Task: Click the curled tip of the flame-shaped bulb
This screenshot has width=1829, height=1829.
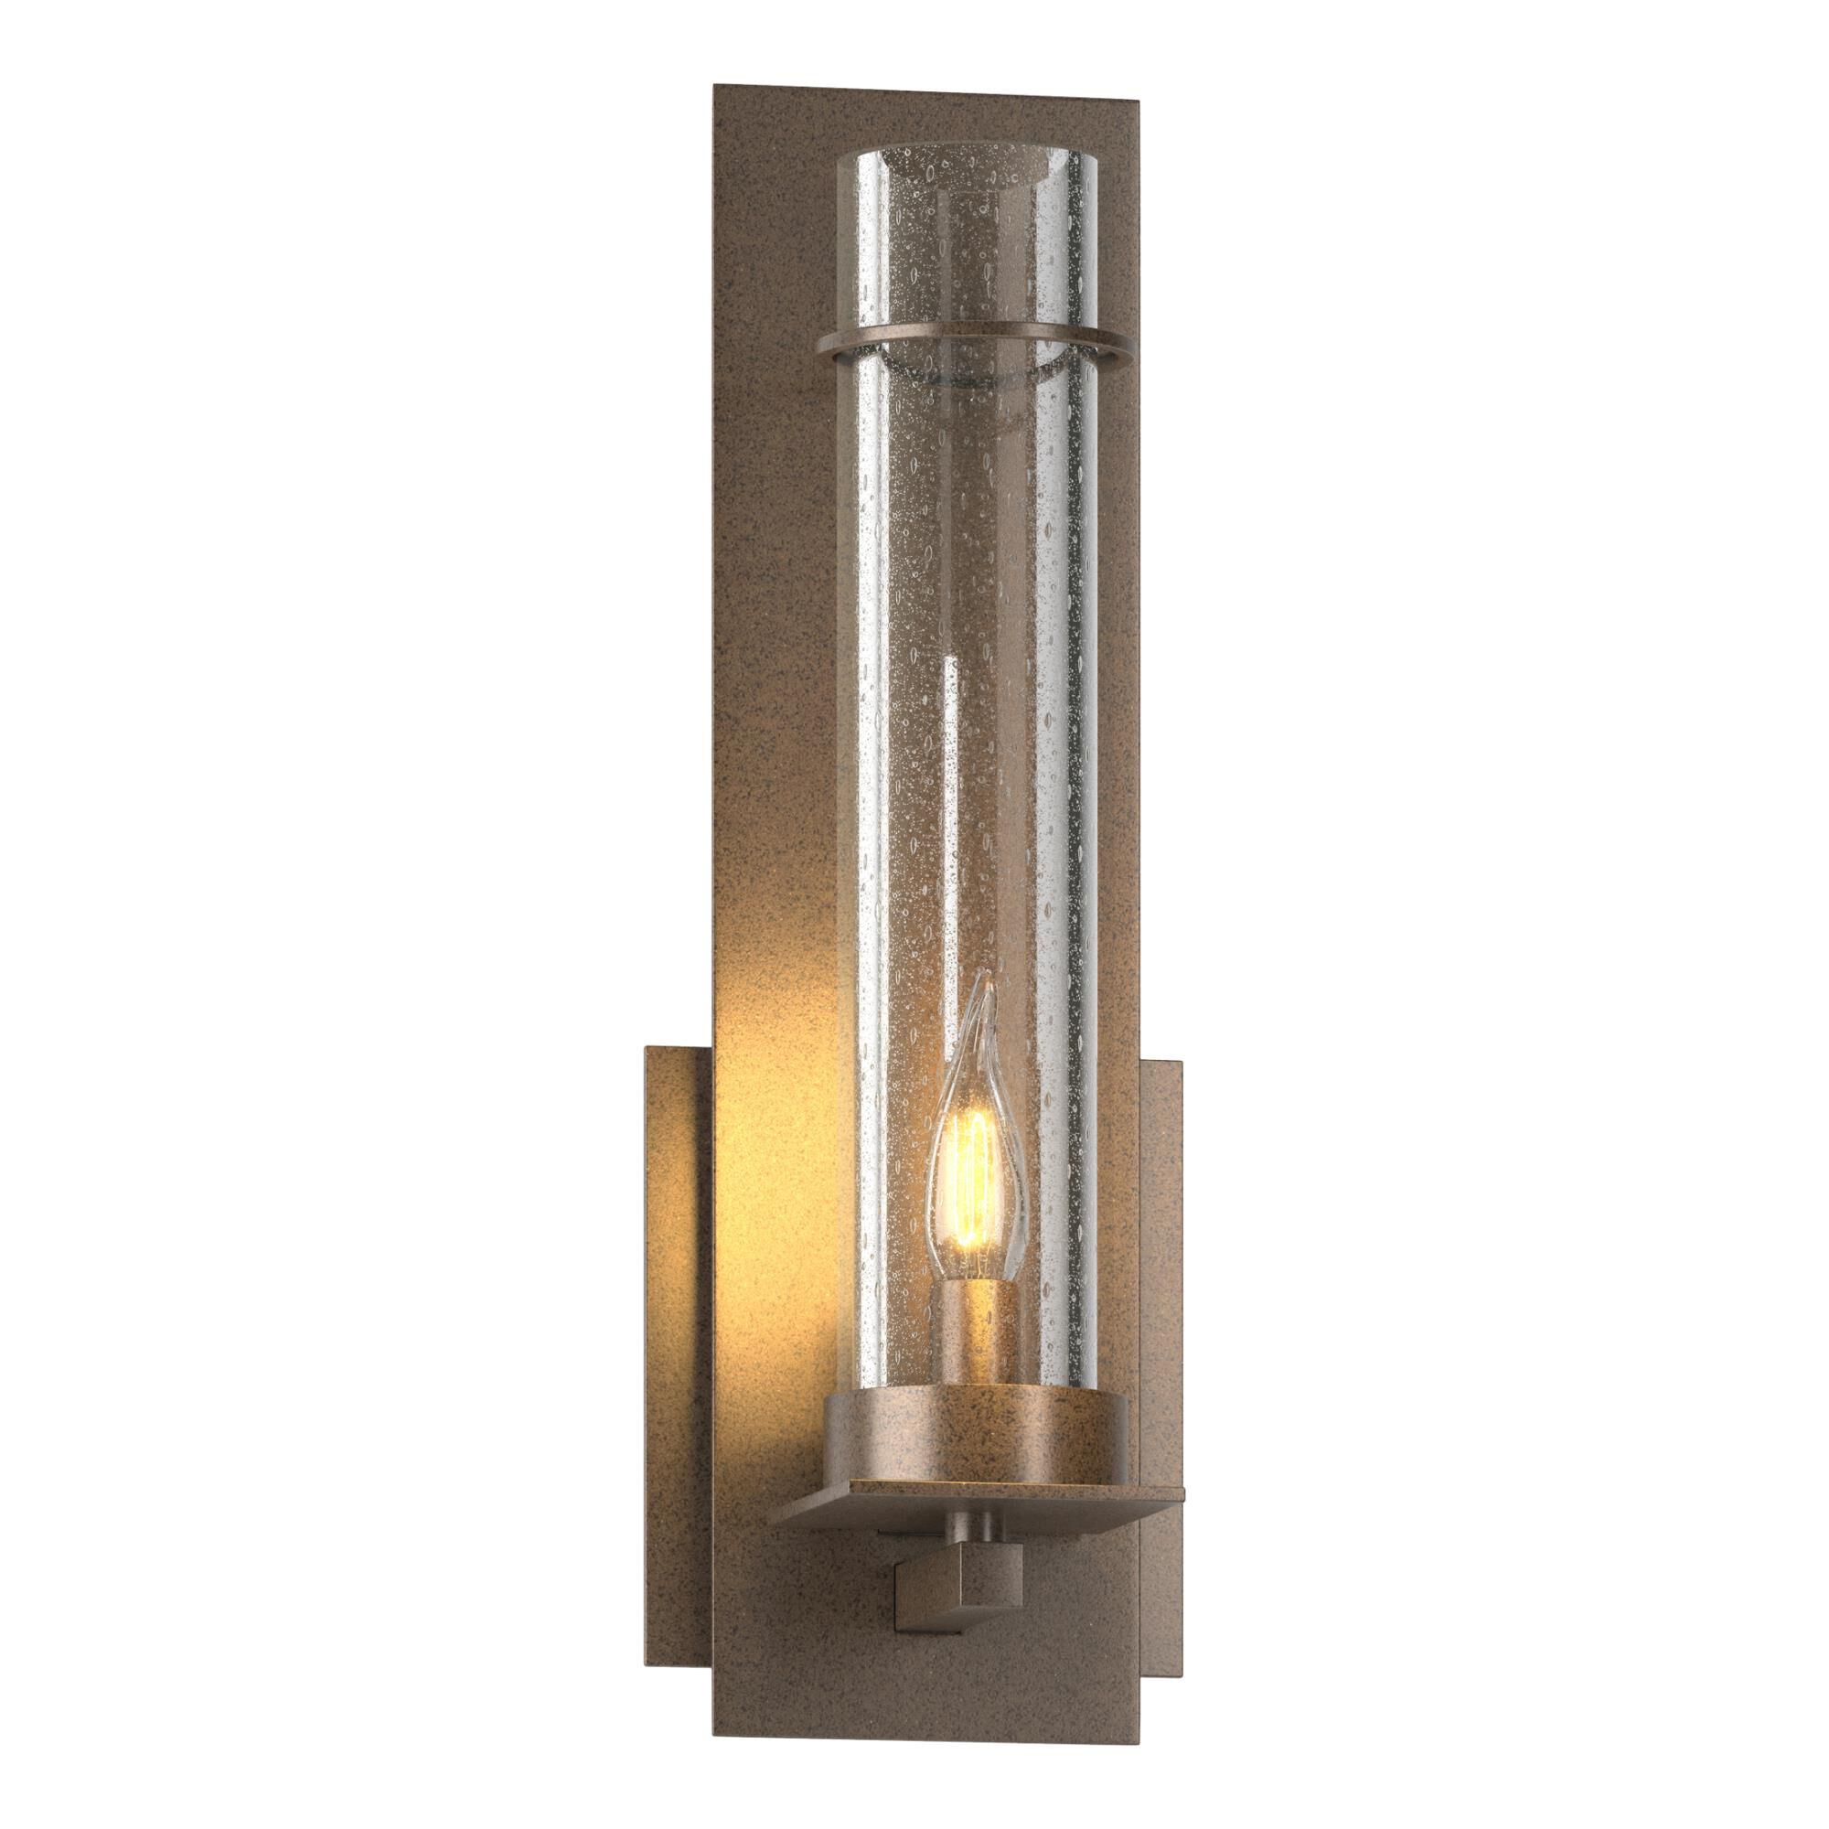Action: (988, 986)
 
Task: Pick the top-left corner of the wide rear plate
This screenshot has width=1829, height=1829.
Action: (647, 1048)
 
